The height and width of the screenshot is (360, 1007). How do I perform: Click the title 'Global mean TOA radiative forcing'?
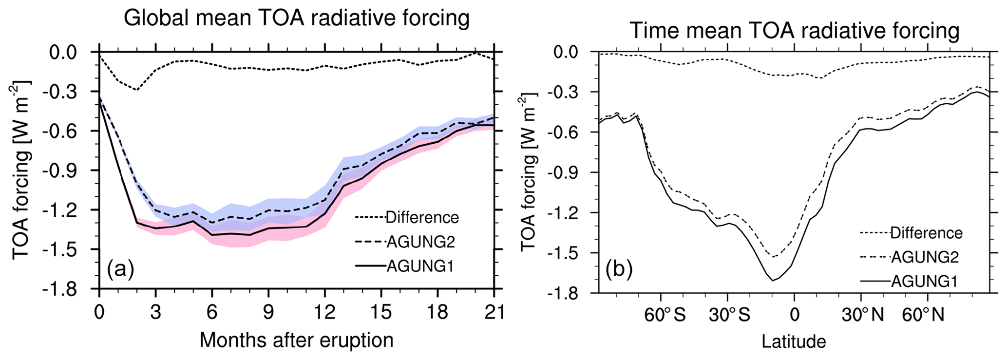coord(296,19)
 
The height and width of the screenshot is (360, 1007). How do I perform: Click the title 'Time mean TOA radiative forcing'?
coord(794,31)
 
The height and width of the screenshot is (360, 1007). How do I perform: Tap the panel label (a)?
coord(120,268)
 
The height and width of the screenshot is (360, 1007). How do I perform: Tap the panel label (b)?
coord(619,268)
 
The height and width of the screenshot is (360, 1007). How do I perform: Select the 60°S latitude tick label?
coord(665,315)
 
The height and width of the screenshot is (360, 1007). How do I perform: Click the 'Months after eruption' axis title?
coord(296,340)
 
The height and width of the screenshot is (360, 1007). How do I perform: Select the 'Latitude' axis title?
coord(794,341)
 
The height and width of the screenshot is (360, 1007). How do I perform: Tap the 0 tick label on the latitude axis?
coord(794,315)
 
